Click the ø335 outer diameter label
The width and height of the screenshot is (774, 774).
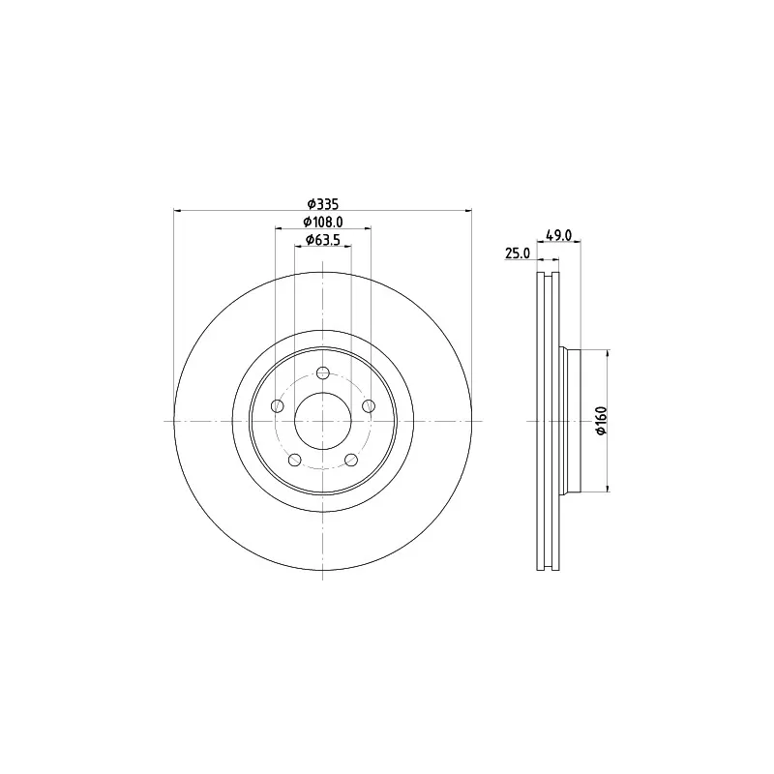323,203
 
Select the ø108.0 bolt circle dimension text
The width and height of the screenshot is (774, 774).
323,222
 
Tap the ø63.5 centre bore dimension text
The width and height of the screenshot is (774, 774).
323,240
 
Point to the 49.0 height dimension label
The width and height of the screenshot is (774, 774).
558,235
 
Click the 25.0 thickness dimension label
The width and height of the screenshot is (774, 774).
518,253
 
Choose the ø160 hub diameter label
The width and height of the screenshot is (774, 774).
601,421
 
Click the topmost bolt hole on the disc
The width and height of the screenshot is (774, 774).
323,372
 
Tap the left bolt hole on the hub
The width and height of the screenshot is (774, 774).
278,406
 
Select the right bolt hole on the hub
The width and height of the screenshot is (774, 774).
369,406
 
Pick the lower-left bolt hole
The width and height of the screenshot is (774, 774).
295,460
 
